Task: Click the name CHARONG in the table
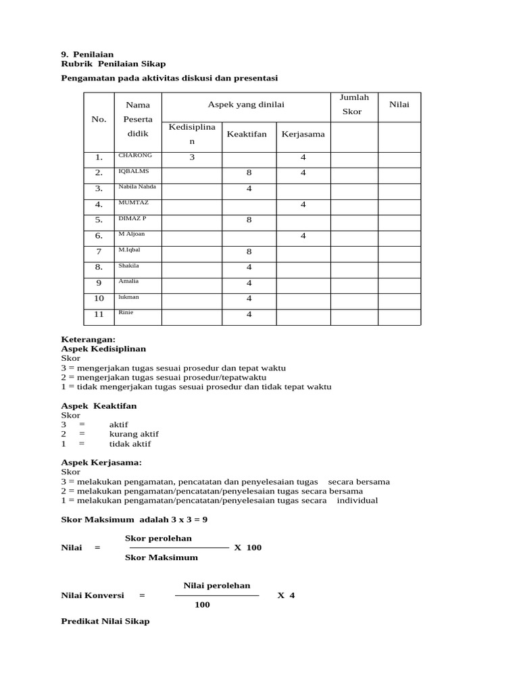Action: pyautogui.click(x=135, y=155)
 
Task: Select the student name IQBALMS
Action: pyautogui.click(x=133, y=171)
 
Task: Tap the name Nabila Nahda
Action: pyautogui.click(x=137, y=187)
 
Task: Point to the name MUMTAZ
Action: pyautogui.click(x=132, y=203)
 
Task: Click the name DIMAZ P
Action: pyautogui.click(x=132, y=218)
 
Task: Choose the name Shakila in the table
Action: pyautogui.click(x=128, y=266)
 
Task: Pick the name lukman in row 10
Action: pyautogui.click(x=128, y=297)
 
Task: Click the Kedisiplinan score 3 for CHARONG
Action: pyautogui.click(x=192, y=157)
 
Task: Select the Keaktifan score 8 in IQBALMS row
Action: pyautogui.click(x=249, y=173)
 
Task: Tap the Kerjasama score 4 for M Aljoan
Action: pyautogui.click(x=303, y=236)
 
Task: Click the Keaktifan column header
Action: pyautogui.click(x=247, y=134)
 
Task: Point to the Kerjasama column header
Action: pyautogui.click(x=303, y=134)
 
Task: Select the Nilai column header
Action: pyautogui.click(x=399, y=105)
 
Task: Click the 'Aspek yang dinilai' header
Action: pyautogui.click(x=246, y=105)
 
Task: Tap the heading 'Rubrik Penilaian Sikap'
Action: pyautogui.click(x=113, y=64)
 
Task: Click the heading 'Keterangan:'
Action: pyautogui.click(x=89, y=339)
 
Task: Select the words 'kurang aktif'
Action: pyautogui.click(x=134, y=434)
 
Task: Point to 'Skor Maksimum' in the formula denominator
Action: pyautogui.click(x=162, y=558)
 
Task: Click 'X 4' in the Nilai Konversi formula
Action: pyautogui.click(x=286, y=595)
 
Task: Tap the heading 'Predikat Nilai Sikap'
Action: pyautogui.click(x=105, y=621)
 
